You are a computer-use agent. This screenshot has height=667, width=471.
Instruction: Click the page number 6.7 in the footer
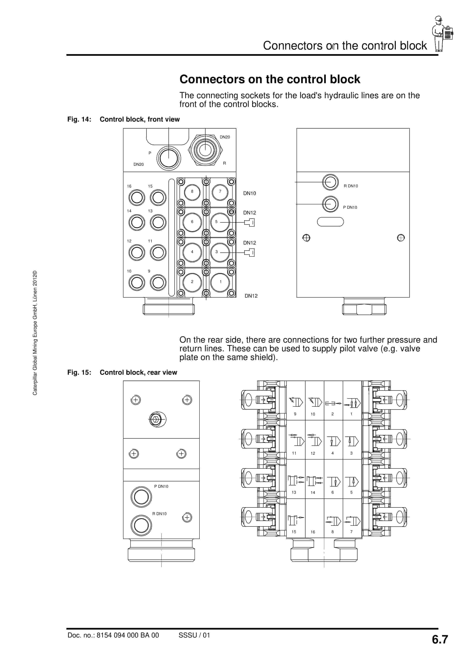tap(440, 639)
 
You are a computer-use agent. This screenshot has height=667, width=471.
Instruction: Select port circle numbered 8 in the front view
tap(192, 192)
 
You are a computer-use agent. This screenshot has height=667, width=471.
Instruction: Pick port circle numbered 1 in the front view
tap(220, 282)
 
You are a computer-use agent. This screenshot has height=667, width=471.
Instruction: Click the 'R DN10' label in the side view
tap(351, 186)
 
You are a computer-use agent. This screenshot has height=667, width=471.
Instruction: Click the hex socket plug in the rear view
tap(156, 419)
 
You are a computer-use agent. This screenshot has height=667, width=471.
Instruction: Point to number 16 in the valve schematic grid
tap(313, 532)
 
